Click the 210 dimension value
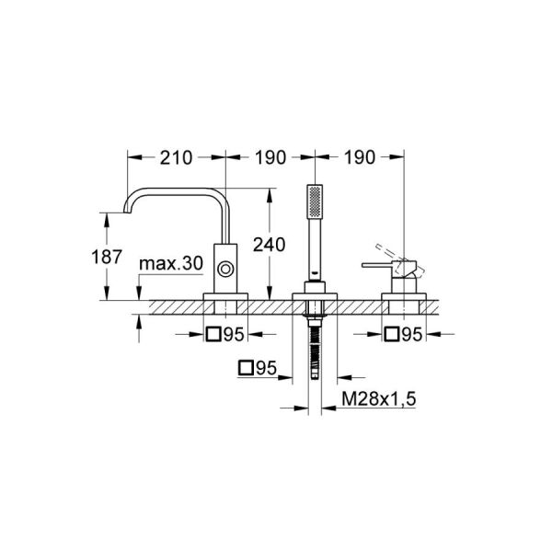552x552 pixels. pyautogui.click(x=175, y=157)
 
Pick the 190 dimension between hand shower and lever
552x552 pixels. pyautogui.click(x=360, y=157)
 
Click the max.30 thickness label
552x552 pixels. pyautogui.click(x=170, y=264)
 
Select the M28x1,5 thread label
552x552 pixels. pyautogui.click(x=374, y=400)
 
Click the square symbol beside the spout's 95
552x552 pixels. pyautogui.click(x=213, y=336)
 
